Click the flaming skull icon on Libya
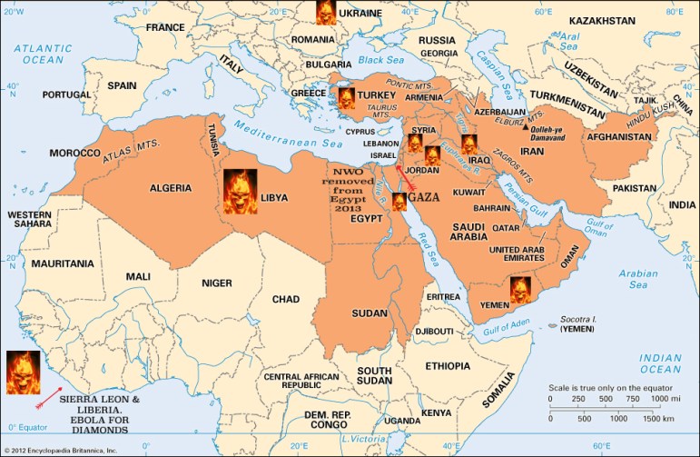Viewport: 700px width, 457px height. [241, 192]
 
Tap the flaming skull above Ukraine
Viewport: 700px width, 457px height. [325, 12]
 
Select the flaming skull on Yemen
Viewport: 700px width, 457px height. [519, 289]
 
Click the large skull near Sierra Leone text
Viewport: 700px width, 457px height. [23, 373]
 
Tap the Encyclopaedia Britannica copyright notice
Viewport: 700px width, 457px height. [61, 450]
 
